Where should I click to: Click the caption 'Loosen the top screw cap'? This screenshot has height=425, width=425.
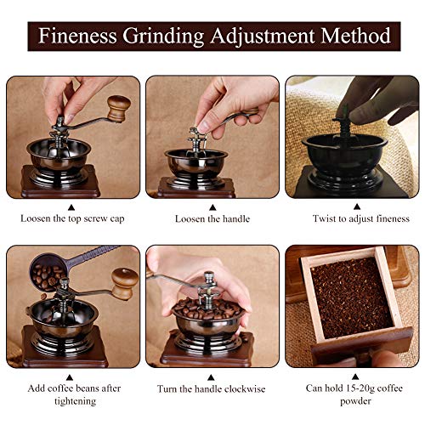(71, 218)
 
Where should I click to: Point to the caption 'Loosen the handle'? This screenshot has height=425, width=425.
(212, 218)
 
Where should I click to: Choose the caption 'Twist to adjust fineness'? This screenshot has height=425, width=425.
(352, 218)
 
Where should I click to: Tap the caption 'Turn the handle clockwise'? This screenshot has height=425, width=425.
(212, 389)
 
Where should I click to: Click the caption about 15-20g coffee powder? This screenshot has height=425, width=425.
(353, 394)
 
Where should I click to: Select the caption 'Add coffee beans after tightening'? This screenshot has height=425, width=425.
(71, 394)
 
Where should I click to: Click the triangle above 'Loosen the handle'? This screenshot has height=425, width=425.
(212, 205)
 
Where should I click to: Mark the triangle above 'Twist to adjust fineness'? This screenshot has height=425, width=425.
(352, 205)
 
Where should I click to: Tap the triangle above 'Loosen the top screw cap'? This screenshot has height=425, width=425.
(71, 205)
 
